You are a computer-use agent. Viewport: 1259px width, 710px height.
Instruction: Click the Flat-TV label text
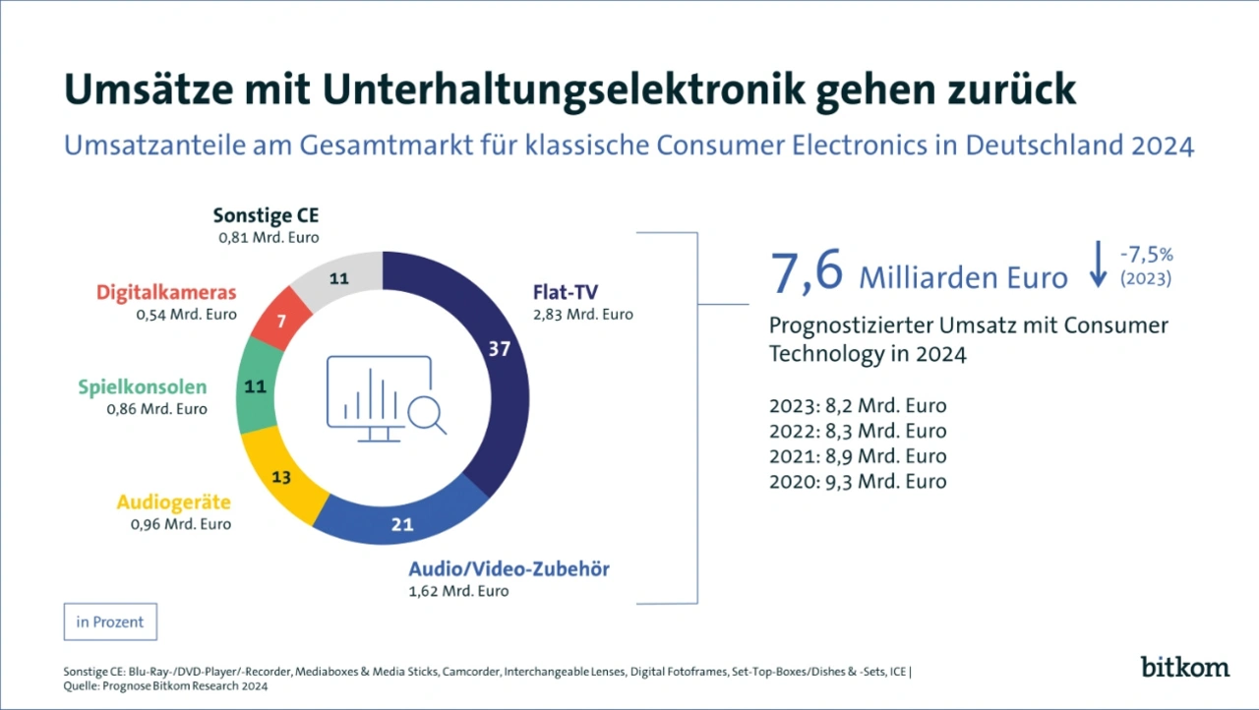point(565,292)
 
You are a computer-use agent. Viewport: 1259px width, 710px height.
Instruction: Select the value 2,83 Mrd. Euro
point(582,315)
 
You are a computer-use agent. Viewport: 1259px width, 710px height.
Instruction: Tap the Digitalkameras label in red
point(166,293)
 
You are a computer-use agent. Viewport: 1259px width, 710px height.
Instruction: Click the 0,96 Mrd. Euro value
point(181,524)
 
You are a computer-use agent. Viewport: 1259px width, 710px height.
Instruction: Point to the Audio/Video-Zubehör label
point(509,568)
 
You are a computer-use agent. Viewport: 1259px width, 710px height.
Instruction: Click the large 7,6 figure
point(807,272)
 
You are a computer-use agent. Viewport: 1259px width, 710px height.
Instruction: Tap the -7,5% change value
point(1146,255)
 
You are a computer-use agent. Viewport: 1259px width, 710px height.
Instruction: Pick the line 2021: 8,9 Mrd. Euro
point(858,456)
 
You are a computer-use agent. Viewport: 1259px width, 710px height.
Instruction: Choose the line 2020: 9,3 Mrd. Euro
point(858,482)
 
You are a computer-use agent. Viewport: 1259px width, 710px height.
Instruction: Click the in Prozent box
point(110,621)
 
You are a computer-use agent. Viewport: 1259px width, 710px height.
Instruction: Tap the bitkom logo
point(1184,667)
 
